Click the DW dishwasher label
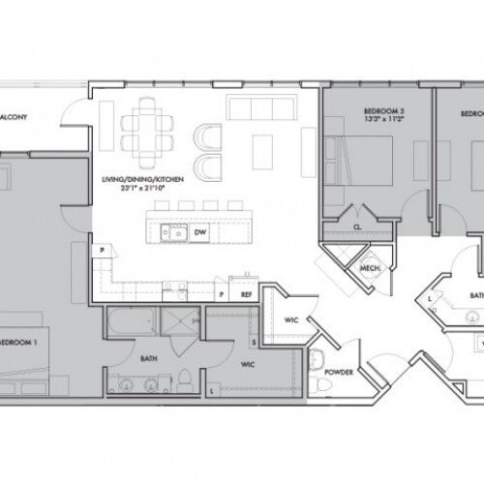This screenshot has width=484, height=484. (199, 232)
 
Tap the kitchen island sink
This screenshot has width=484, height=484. (173, 232)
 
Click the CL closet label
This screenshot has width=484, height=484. (357, 227)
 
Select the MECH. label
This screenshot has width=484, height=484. (369, 268)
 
